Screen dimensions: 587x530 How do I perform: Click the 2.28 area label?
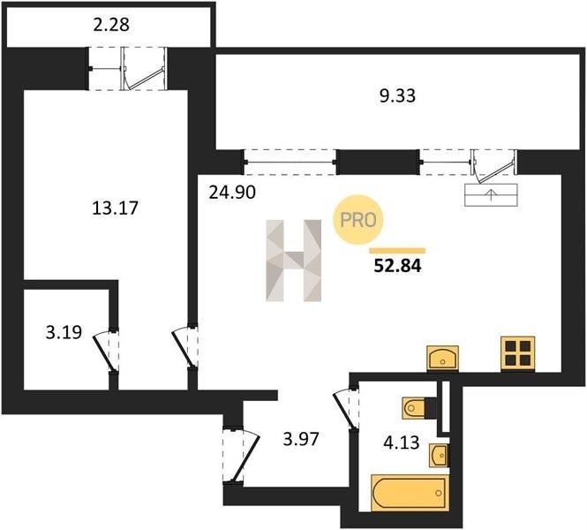pos(111,25)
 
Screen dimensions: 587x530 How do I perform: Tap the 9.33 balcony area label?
pos(397,96)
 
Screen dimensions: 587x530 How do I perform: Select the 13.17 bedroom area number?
pos(115,208)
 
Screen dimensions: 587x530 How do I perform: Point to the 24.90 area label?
pos(232,193)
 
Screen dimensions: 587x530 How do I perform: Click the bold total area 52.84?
pos(397,266)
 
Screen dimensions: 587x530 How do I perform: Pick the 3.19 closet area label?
pos(64,332)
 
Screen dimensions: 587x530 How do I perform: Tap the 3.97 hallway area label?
pos(301,439)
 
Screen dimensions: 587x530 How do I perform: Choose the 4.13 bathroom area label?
pos(401,443)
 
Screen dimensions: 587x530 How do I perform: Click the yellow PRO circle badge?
pos(358,220)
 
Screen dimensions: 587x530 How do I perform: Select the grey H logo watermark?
pos(293,261)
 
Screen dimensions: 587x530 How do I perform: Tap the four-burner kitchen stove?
pos(518,354)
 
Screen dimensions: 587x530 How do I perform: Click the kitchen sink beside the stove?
pos(443,358)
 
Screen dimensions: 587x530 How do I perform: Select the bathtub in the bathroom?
pos(410,493)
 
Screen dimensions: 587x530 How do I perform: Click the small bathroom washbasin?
pos(439,456)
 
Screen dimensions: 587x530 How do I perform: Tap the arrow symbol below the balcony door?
pos(491,195)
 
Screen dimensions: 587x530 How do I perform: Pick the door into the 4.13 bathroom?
pos(346,409)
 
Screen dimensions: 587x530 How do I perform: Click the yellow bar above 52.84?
pos(397,251)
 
